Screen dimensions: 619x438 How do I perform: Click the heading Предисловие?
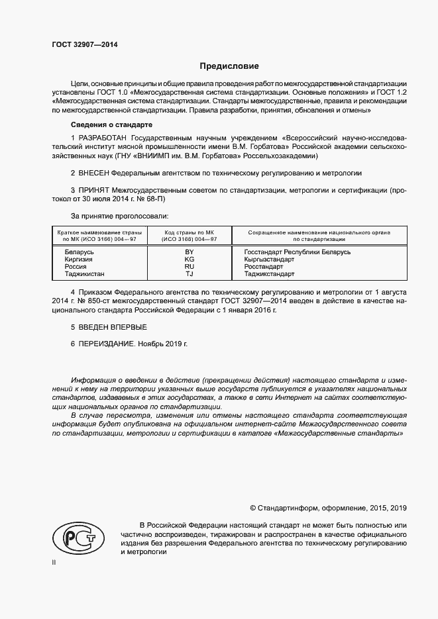230,66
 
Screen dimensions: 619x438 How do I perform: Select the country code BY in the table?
190,252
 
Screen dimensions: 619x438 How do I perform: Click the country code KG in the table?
190,260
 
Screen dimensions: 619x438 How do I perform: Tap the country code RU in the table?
190,267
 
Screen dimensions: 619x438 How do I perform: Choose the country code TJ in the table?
190,273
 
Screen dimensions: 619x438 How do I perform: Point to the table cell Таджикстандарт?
272,273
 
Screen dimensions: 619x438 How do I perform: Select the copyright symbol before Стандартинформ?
253,508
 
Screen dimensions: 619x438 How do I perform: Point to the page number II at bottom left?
54,562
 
